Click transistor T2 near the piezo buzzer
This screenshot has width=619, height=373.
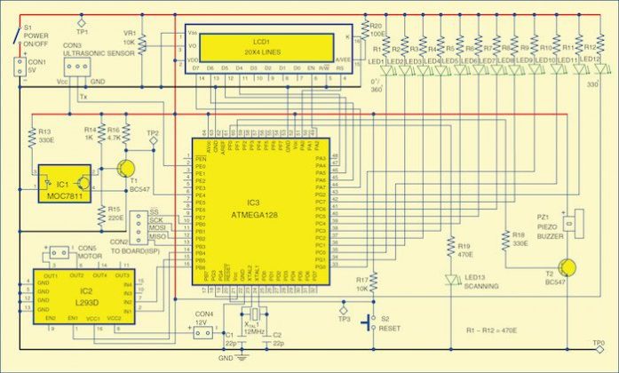pos(567,266)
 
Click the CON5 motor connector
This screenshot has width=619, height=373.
pos(57,253)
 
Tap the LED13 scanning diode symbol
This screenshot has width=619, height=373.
pos(452,281)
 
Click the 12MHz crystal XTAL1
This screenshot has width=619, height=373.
pos(253,317)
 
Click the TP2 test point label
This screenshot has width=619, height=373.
pos(153,133)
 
